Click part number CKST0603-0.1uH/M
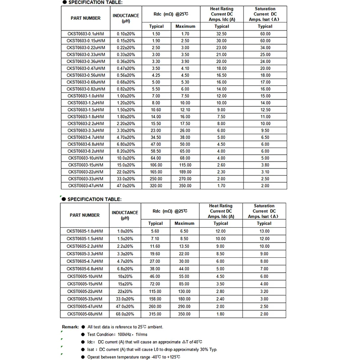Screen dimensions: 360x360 point(85,34)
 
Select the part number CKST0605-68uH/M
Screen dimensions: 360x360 point(85,314)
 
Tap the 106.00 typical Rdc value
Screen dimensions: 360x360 point(156,165)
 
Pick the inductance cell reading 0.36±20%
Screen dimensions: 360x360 point(126,61)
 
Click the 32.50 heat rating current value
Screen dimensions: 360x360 point(220,34)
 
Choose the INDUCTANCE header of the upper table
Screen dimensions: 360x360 point(126,18)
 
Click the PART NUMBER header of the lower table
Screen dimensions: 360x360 point(85,215)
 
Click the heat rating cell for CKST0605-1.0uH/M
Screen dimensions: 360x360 point(220,231)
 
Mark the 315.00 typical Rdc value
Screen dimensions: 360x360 point(156,314)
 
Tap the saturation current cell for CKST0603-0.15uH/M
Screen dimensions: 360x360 point(265,40)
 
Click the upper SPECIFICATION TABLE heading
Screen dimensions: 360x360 point(94,3)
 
